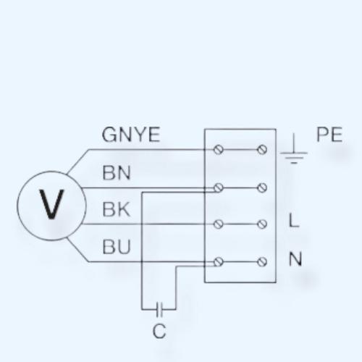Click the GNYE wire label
click(x=131, y=135)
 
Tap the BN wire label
click(x=117, y=173)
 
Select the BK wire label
click(x=117, y=209)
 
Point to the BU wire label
click(x=117, y=247)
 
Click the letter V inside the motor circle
click(x=51, y=204)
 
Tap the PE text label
click(x=329, y=135)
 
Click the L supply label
click(x=294, y=220)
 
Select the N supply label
click(x=295, y=258)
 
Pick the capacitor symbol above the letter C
click(x=159, y=309)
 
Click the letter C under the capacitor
click(x=159, y=331)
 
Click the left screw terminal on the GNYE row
click(x=219, y=150)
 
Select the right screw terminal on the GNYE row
click(x=262, y=150)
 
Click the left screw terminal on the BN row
click(x=219, y=188)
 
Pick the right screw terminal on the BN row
click(x=262, y=188)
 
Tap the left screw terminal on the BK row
click(x=219, y=224)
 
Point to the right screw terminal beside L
click(x=262, y=224)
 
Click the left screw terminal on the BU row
click(x=219, y=262)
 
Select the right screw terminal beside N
click(x=262, y=262)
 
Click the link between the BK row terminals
click(x=240, y=224)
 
